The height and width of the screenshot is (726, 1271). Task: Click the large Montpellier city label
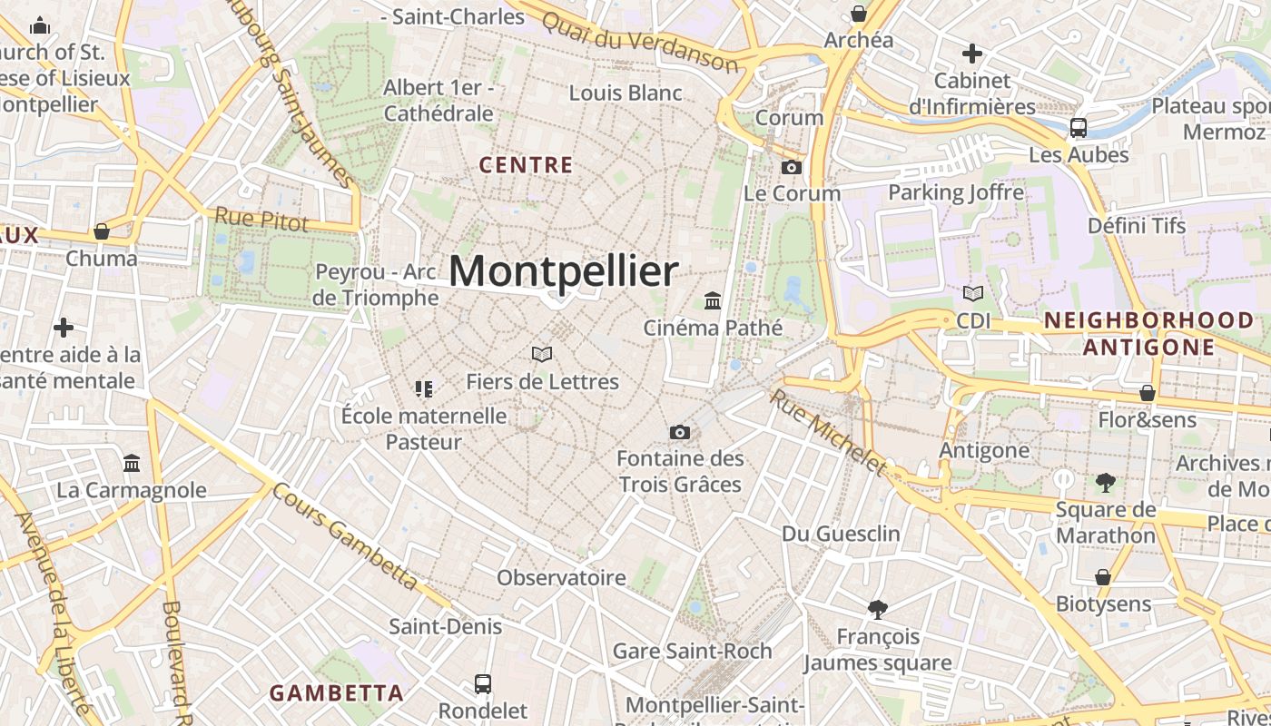pyautogui.click(x=563, y=271)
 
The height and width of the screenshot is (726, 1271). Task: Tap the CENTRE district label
pyautogui.click(x=526, y=165)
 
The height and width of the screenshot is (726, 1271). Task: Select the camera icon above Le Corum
pyautogui.click(x=792, y=167)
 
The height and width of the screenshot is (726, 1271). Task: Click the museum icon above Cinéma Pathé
pyautogui.click(x=713, y=300)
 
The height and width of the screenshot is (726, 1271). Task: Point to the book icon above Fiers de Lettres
pyautogui.click(x=542, y=354)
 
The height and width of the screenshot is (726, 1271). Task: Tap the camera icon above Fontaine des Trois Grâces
pyautogui.click(x=679, y=432)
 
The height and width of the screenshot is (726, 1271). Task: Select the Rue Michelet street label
pyautogui.click(x=827, y=431)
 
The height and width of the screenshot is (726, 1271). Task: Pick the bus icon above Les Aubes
pyautogui.click(x=1079, y=128)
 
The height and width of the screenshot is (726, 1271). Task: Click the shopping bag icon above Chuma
pyautogui.click(x=102, y=231)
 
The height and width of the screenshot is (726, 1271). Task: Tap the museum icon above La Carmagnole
pyautogui.click(x=132, y=464)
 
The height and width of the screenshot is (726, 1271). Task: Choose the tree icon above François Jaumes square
pyautogui.click(x=877, y=609)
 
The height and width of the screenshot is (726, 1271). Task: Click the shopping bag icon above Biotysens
pyautogui.click(x=1103, y=577)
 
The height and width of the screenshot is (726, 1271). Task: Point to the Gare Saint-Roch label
pyautogui.click(x=692, y=651)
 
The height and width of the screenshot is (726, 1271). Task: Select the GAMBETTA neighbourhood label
pyautogui.click(x=337, y=693)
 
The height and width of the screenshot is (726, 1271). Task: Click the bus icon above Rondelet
pyautogui.click(x=483, y=683)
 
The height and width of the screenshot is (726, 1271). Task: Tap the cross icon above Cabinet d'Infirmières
pyautogui.click(x=972, y=54)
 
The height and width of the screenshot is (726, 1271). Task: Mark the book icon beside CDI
pyautogui.click(x=973, y=294)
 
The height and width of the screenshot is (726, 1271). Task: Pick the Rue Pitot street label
pyautogui.click(x=261, y=219)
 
